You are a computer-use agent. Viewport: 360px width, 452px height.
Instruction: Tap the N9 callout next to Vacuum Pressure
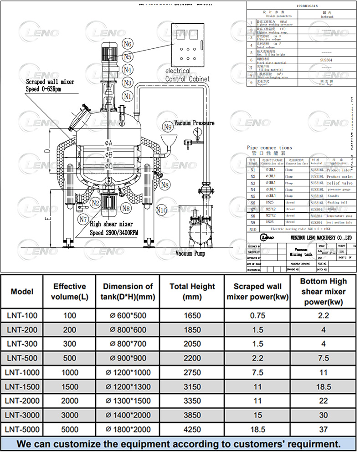(x=168, y=127)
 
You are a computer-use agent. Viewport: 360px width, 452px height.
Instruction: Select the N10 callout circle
(x=161, y=210)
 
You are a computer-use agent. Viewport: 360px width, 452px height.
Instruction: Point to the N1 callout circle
(x=128, y=96)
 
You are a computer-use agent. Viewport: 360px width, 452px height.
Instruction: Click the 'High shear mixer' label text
(x=111, y=224)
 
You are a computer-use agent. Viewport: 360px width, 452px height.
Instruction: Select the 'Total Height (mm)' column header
(x=192, y=292)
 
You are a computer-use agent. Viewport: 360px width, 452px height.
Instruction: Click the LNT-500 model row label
(x=22, y=358)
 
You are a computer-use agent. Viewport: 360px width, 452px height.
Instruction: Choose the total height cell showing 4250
(x=192, y=429)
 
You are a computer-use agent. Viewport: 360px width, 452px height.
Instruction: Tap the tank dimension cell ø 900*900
(x=128, y=358)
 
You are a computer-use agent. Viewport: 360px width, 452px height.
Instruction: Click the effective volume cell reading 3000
(x=69, y=415)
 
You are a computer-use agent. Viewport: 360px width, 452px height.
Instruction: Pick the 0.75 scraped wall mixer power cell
(x=257, y=315)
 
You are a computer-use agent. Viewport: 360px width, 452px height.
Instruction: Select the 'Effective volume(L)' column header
(x=69, y=292)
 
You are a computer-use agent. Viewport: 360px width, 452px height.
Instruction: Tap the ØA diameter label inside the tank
(x=108, y=144)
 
